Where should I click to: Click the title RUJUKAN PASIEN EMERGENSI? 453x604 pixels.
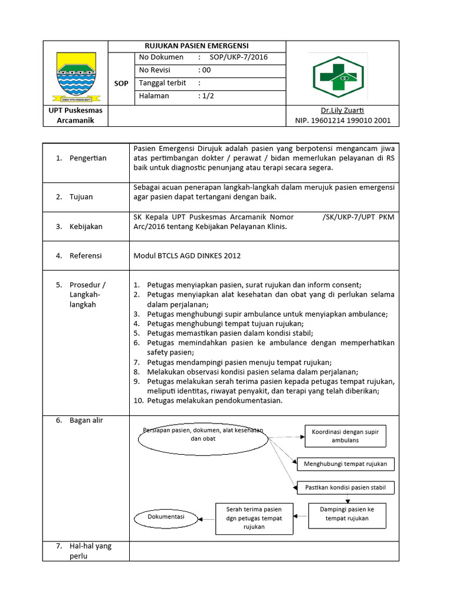click(x=197, y=46)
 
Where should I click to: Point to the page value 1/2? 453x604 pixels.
click(x=206, y=96)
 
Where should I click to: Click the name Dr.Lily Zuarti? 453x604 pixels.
click(x=342, y=110)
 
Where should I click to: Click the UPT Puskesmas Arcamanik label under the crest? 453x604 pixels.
click(x=75, y=116)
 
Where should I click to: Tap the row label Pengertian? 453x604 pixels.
click(x=88, y=158)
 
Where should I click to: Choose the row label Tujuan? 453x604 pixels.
click(x=81, y=197)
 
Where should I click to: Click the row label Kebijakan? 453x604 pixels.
click(x=86, y=226)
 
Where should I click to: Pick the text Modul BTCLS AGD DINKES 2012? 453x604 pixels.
click(x=188, y=255)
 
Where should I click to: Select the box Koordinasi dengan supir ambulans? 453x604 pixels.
click(x=345, y=436)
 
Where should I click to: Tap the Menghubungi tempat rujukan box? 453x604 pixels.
click(x=345, y=464)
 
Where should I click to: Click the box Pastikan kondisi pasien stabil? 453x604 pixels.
click(x=346, y=488)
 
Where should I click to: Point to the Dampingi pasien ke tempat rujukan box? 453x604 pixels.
click(x=346, y=514)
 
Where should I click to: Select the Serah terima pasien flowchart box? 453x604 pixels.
click(x=254, y=518)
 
